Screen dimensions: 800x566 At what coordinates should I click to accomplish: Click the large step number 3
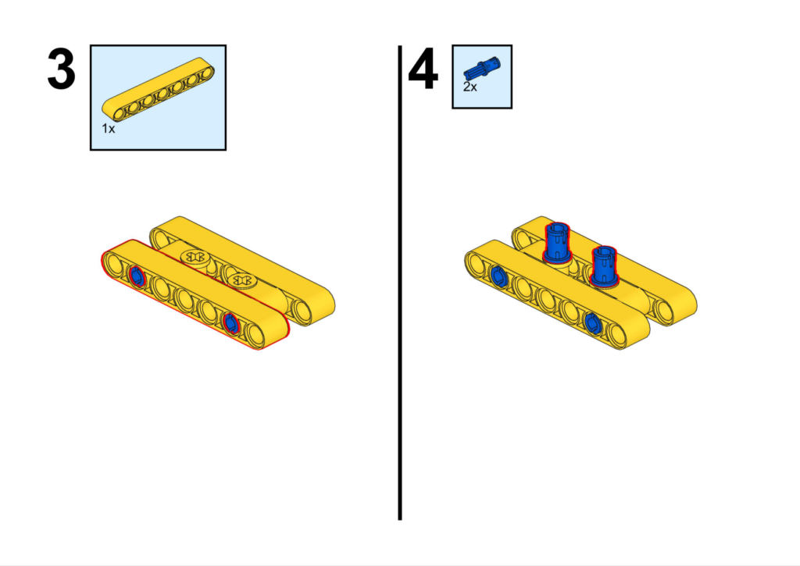pos(61,69)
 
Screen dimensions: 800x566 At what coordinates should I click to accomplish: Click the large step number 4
pos(423,69)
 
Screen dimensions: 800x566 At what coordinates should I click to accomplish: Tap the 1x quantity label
pos(108,129)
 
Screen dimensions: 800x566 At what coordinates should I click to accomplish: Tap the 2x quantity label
pos(470,87)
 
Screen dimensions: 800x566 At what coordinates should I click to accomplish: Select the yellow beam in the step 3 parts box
pos(158,89)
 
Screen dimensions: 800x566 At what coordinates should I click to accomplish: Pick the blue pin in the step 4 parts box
pos(482,69)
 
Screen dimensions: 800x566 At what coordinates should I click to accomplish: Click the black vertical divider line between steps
pos(400,283)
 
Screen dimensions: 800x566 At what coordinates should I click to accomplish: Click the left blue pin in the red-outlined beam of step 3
pos(136,276)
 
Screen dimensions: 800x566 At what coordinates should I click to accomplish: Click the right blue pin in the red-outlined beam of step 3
pos(230,322)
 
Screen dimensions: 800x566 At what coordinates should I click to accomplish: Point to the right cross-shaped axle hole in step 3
pos(241,280)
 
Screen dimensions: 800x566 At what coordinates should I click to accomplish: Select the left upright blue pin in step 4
pos(556,242)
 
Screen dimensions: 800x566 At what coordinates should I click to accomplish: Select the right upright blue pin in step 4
pos(604,265)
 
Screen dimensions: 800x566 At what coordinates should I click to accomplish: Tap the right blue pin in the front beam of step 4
pos(592,322)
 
